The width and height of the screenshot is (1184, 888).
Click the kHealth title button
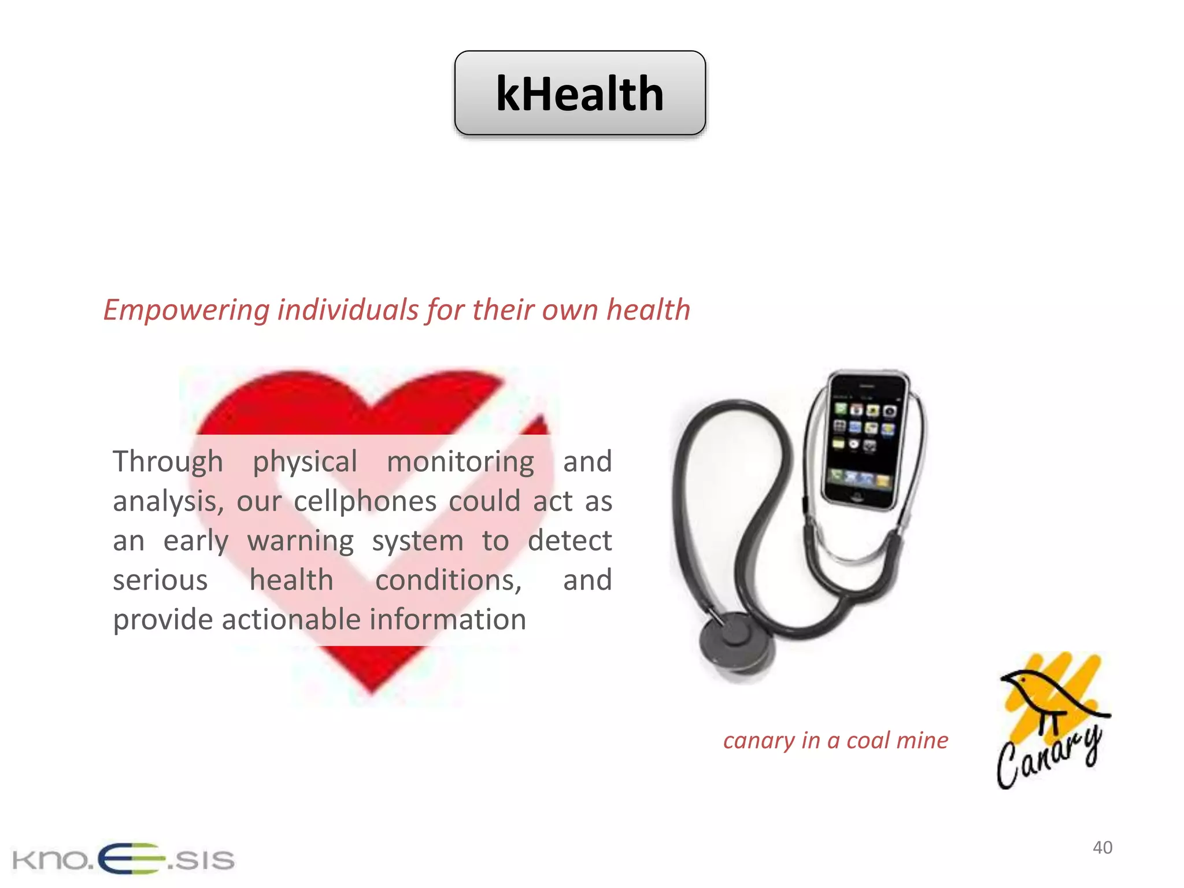(580, 93)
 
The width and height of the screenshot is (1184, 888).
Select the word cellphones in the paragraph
(365, 501)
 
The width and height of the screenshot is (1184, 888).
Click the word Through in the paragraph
(168, 462)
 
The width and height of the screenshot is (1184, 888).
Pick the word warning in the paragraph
(301, 541)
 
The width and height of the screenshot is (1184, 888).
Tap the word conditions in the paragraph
(448, 580)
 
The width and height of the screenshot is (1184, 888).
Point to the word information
(448, 620)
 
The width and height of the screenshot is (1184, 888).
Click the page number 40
(1102, 848)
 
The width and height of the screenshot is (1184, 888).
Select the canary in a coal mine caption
(835, 741)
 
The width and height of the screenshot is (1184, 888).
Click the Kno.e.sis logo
(123, 859)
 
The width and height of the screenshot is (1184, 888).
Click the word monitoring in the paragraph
(460, 462)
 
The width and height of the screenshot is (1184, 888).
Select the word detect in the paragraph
(569, 541)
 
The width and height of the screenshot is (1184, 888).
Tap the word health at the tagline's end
(648, 310)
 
